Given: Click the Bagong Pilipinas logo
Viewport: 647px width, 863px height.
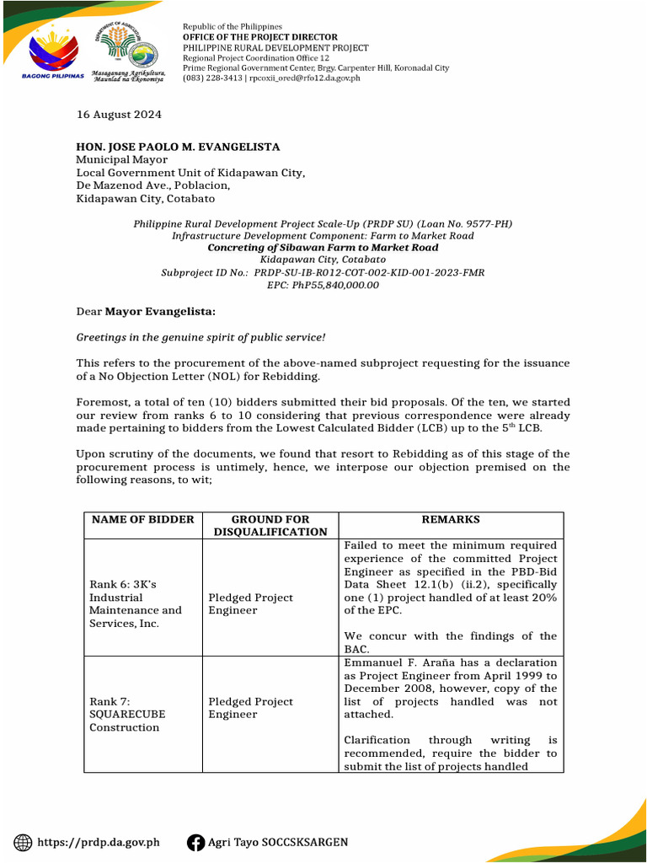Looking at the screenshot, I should point(51,52).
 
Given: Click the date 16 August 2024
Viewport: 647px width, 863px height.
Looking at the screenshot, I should point(119,115).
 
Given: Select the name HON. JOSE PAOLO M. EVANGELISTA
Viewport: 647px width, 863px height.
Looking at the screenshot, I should point(178,147).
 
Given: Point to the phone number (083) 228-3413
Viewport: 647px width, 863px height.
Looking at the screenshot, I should point(212,78).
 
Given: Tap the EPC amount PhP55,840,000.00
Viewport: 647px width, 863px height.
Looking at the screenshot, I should point(335,285).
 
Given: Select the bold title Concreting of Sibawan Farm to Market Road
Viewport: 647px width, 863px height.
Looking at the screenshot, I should point(323,248).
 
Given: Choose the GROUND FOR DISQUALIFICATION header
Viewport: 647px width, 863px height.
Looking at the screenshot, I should point(270,525).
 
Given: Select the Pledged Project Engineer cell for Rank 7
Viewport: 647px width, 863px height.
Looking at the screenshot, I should point(250,708).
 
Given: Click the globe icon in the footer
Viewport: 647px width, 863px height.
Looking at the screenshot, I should point(24,842).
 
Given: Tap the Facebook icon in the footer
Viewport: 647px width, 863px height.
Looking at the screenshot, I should point(195,842).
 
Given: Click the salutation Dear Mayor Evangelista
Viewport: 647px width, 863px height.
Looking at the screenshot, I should point(146,312).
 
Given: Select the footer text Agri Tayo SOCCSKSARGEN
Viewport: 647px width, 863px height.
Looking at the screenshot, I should point(277,842).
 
